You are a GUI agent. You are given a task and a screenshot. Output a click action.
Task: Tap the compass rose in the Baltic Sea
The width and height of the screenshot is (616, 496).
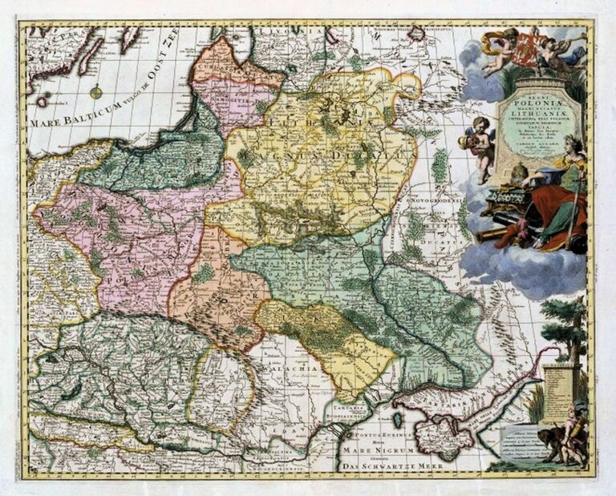click(96, 91)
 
